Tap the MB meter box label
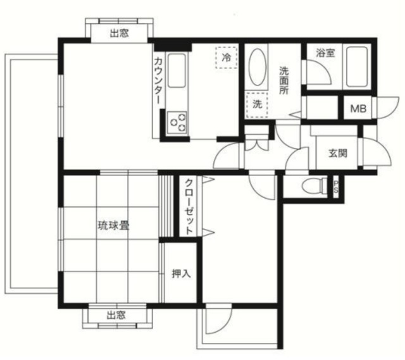pyautogui.click(x=358, y=109)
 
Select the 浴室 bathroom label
pyautogui.click(x=327, y=53)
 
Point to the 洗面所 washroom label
pyautogui.click(x=284, y=80)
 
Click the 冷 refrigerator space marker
pyautogui.click(x=225, y=58)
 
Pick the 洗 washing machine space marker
pyautogui.click(x=257, y=104)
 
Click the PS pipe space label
pyautogui.click(x=337, y=187)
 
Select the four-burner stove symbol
pyautogui.click(x=178, y=121)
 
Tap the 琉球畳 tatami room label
pyautogui.click(x=113, y=225)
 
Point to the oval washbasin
pyautogui.click(x=258, y=68)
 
